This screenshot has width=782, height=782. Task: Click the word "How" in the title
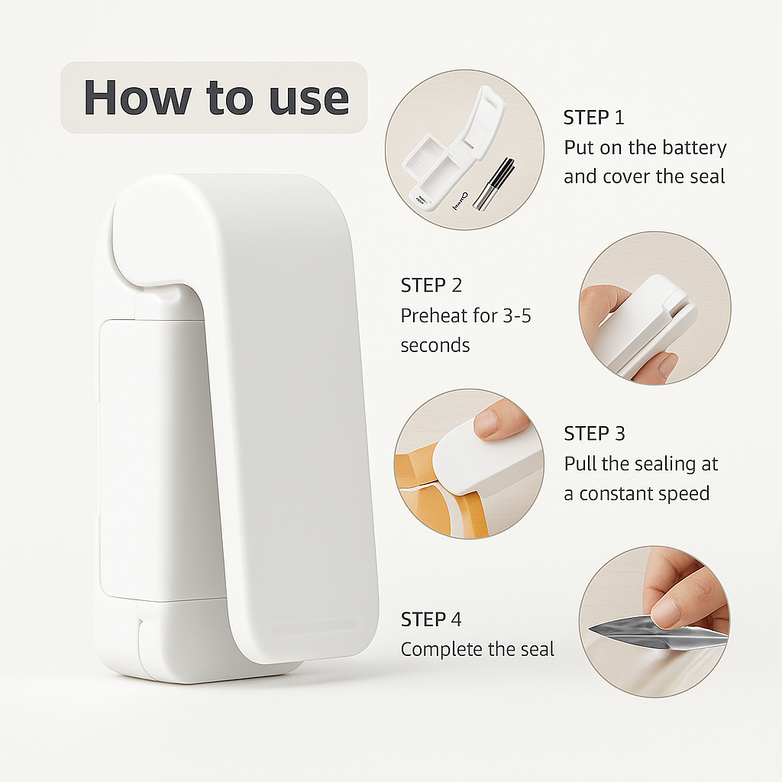tap(137, 97)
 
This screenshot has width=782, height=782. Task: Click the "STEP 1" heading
tap(593, 118)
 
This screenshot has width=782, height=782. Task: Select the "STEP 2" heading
tap(431, 286)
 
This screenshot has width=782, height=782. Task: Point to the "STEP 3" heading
tap(594, 434)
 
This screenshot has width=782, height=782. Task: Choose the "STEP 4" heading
tap(431, 619)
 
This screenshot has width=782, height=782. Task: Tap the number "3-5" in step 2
tap(517, 315)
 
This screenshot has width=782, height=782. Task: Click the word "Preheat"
tap(435, 315)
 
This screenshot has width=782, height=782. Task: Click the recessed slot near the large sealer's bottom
tap(314, 627)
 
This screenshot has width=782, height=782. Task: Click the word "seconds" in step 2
tap(435, 346)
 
